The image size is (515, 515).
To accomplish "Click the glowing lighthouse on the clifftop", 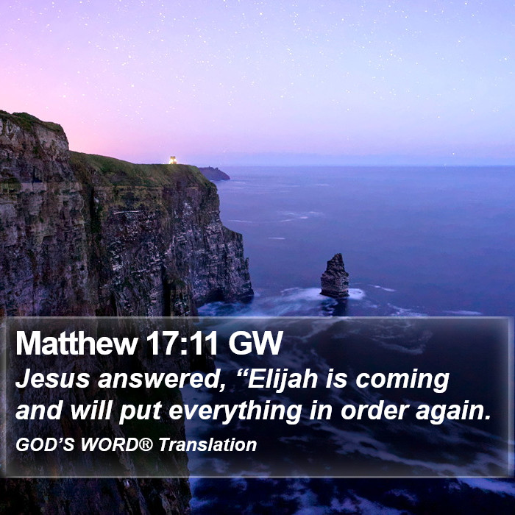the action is [x=173, y=160].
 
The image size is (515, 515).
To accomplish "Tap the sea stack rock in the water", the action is [x=335, y=276].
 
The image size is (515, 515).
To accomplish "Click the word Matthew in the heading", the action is [x=77, y=344].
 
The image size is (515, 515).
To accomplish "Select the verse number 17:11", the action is [x=182, y=344].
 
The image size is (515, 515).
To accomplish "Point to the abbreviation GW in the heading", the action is [x=255, y=344].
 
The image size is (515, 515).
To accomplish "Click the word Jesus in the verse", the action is [x=52, y=379].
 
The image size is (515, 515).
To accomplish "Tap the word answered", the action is [x=162, y=380].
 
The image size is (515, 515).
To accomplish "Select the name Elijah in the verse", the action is [x=283, y=380].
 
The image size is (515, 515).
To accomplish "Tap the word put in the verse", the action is [x=141, y=412].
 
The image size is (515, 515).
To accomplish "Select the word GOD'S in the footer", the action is [x=45, y=444].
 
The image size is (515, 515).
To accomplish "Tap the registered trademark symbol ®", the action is [x=146, y=444].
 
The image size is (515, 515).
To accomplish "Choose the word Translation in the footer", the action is [x=207, y=444].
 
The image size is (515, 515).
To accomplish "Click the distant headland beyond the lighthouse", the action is [x=214, y=174].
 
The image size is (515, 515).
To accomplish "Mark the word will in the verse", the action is [x=91, y=411].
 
